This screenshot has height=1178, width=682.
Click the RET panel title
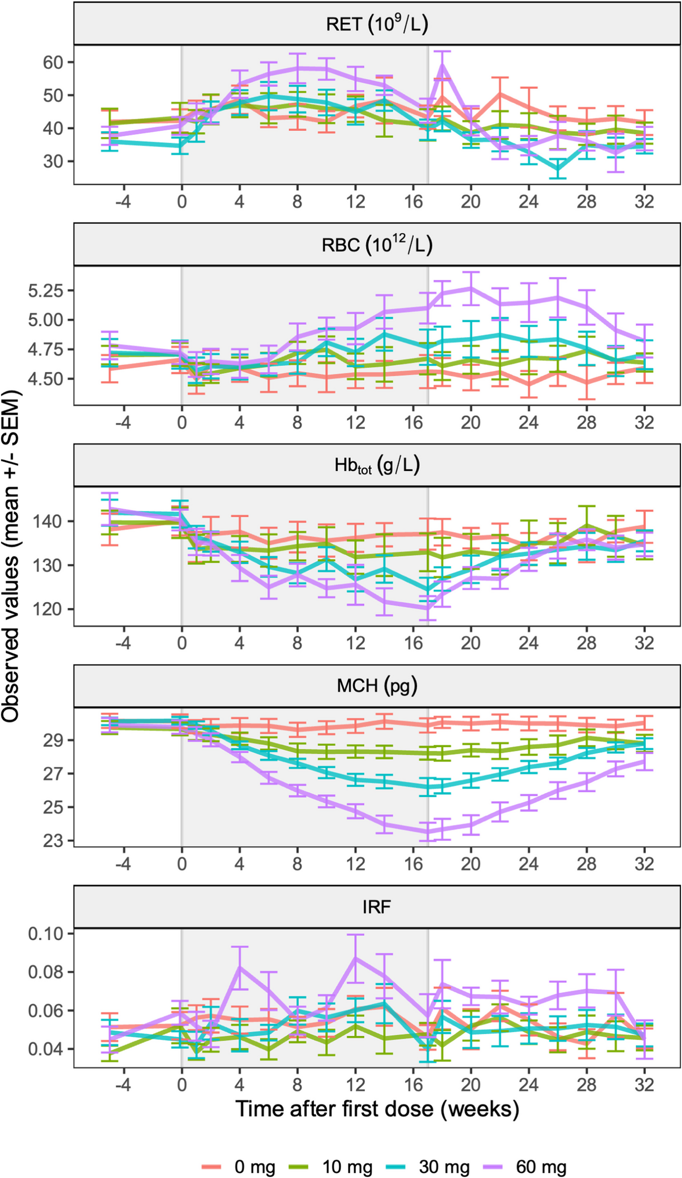376,24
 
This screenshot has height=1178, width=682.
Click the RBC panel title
376,245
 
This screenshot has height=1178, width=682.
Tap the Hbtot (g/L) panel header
376,466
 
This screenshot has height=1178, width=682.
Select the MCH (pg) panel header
376,686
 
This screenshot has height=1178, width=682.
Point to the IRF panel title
376,907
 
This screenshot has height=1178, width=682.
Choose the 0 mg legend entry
238,1152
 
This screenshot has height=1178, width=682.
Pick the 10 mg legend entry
331,1152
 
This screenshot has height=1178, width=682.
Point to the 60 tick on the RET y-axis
53,62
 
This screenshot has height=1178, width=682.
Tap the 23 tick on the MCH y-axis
53,841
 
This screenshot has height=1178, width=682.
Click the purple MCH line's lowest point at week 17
428,832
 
